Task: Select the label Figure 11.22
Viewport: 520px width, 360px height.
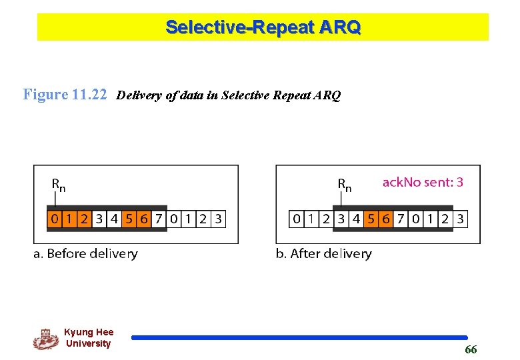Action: coord(65,95)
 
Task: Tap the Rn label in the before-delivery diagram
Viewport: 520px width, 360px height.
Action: coord(59,184)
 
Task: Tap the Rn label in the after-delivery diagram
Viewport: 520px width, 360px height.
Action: coord(345,184)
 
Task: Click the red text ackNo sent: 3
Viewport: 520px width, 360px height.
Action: coord(423,182)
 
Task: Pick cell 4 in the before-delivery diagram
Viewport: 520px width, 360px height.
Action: coord(114,218)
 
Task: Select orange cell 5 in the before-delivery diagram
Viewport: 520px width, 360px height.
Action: coord(129,218)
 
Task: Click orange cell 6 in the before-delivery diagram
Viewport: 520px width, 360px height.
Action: coord(143,218)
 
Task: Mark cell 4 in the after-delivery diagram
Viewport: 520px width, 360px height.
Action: coord(356,218)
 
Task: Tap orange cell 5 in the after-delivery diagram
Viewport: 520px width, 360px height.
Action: coord(371,218)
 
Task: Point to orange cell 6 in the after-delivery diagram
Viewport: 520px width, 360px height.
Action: coord(385,218)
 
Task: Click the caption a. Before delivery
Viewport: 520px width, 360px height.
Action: coord(86,253)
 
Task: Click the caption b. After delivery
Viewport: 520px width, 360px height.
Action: coord(323,253)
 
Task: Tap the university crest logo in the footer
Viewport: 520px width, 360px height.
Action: coord(45,339)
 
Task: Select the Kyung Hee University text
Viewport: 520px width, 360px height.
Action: coord(89,338)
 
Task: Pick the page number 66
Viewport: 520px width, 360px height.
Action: coord(471,350)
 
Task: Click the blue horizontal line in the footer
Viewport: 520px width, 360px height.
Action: coord(299,338)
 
